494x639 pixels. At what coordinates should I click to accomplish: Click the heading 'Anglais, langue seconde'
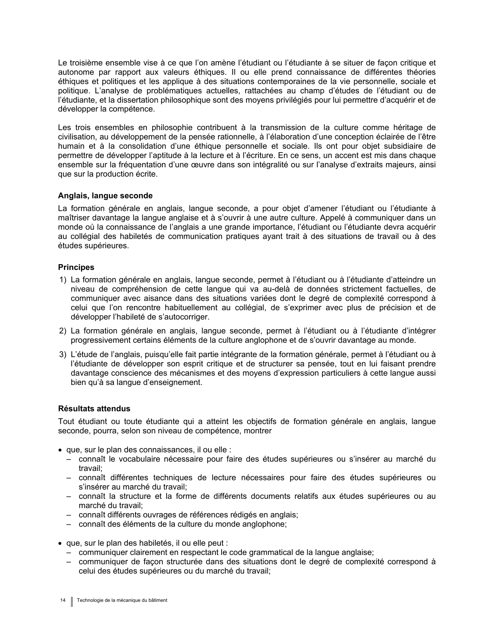coord(105,196)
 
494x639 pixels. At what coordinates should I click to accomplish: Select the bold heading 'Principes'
coord(76,267)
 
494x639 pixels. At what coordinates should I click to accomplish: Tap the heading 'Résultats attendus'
coord(94,409)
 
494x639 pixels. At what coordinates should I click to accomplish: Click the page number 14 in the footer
coord(63,600)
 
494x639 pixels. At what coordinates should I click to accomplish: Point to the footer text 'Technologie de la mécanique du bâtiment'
coord(122,600)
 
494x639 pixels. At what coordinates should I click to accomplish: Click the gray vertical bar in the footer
coord(72,601)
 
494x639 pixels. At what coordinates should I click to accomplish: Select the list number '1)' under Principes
coord(63,280)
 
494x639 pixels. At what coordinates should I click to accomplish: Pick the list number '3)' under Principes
coord(63,354)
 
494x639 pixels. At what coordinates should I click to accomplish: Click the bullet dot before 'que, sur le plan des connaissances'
coord(60,450)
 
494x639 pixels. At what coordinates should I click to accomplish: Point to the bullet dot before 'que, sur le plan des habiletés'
coord(60,543)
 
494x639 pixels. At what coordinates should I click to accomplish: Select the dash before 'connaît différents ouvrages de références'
coord(69,515)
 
